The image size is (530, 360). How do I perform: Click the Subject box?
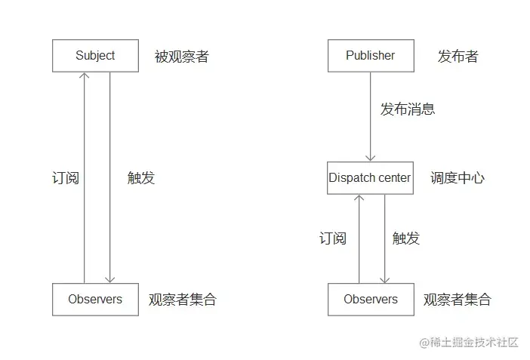pyautogui.click(x=95, y=56)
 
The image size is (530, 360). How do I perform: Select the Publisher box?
pyautogui.click(x=370, y=56)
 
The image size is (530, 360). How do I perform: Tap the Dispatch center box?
pyautogui.click(x=370, y=178)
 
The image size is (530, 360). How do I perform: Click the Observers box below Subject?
pyautogui.click(x=95, y=299)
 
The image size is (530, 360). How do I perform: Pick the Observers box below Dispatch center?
pyautogui.click(x=370, y=299)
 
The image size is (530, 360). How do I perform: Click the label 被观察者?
pyautogui.click(x=181, y=57)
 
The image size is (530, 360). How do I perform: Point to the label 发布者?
pyautogui.click(x=458, y=57)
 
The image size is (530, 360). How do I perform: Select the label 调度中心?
pyautogui.click(x=458, y=178)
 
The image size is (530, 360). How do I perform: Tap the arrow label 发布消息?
pyautogui.click(x=407, y=109)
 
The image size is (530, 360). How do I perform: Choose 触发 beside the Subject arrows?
pyautogui.click(x=141, y=178)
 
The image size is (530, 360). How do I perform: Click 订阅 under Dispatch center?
pyautogui.click(x=332, y=238)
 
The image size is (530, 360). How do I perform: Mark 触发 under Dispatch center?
pyautogui.click(x=405, y=238)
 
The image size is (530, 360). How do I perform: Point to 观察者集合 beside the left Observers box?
pyautogui.click(x=183, y=300)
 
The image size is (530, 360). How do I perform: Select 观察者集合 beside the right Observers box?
pyautogui.click(x=458, y=300)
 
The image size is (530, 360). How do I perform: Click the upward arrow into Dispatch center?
pyautogui.click(x=359, y=238)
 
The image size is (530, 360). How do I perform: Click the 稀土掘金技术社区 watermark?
pyautogui.click(x=469, y=342)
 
